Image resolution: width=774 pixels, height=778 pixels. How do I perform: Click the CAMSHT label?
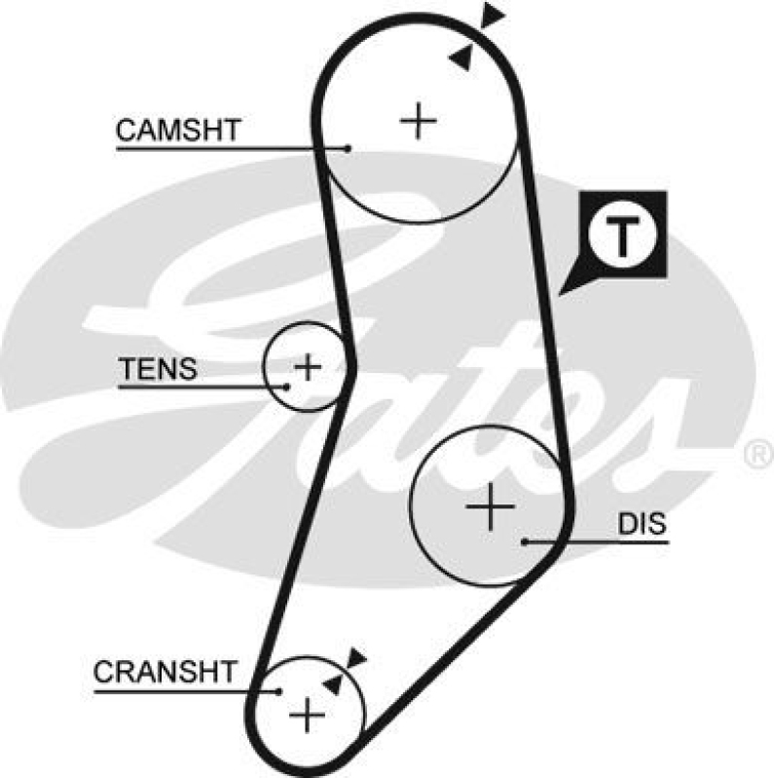[177, 130]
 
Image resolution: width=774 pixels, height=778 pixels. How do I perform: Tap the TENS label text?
[158, 369]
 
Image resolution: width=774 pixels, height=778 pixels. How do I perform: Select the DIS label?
[643, 524]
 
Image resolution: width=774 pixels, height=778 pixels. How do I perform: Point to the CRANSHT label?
[165, 672]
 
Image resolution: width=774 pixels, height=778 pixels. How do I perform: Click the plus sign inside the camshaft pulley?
[420, 120]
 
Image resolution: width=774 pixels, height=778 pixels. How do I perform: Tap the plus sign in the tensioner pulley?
[308, 367]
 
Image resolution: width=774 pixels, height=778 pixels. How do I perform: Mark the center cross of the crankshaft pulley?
[309, 716]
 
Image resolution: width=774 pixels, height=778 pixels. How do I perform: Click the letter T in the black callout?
[622, 235]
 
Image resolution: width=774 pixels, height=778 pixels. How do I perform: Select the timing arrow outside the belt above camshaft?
[494, 15]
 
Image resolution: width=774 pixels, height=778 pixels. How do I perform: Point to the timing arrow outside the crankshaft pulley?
[356, 658]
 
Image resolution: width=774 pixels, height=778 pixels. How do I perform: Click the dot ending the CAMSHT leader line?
[348, 149]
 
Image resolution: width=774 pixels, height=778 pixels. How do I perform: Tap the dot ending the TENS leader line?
[287, 387]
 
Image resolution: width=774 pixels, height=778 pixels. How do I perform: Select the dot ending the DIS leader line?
[525, 540]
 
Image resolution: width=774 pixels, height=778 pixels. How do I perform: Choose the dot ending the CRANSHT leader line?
[280, 691]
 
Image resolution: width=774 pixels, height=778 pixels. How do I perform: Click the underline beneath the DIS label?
[623, 541]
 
